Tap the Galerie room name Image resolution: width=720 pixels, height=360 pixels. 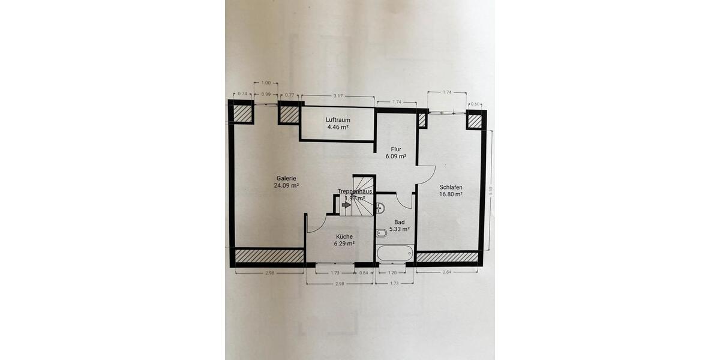coord(286,178)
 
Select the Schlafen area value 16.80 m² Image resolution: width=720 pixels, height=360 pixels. coord(450,194)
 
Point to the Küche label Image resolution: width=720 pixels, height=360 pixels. coord(344,236)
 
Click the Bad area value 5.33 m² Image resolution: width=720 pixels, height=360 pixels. coord(399,229)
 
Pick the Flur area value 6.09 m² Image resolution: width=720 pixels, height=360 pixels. coord(396,157)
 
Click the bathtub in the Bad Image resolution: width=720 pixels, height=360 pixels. coord(395,253)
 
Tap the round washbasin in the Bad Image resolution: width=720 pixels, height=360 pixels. coord(380,209)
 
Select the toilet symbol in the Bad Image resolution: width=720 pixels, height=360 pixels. coord(380,233)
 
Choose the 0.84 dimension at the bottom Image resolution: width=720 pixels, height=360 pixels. coord(365,273)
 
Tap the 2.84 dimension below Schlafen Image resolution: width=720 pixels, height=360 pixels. coord(447,273)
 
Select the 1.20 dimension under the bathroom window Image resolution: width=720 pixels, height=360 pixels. coord(392,273)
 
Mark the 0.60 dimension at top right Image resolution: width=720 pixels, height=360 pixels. coord(476,103)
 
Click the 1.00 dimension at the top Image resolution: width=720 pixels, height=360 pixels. coord(266,83)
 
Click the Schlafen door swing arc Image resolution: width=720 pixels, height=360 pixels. coord(425,175)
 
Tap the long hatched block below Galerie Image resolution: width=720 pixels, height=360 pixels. coord(269,256)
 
